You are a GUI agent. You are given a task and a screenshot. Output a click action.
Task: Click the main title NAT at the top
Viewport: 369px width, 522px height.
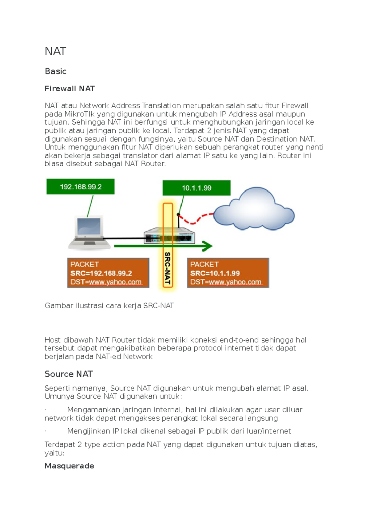tap(55, 51)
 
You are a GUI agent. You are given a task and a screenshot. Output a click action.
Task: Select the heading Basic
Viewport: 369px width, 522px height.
tap(55, 71)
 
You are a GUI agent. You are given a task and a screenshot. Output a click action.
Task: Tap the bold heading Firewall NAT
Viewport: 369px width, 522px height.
tap(69, 89)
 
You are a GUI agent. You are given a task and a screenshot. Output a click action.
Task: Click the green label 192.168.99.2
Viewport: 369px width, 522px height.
tap(81, 187)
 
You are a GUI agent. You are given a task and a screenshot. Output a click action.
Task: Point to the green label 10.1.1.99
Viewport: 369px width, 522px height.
tap(196, 188)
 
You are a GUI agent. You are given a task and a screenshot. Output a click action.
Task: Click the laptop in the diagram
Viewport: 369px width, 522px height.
tap(89, 233)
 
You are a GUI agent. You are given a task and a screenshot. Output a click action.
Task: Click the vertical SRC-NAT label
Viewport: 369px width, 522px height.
tap(168, 268)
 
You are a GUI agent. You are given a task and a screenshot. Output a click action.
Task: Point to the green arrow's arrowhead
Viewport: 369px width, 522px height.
tap(208, 246)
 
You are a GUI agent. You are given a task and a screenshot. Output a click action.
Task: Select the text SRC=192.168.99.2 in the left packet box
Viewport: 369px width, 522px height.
tap(101, 273)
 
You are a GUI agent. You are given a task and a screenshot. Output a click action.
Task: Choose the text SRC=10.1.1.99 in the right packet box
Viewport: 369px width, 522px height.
tap(215, 273)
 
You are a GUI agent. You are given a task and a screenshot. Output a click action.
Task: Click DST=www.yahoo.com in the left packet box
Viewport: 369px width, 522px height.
tap(106, 282)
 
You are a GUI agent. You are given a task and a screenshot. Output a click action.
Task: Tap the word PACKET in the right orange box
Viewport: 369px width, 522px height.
tap(204, 264)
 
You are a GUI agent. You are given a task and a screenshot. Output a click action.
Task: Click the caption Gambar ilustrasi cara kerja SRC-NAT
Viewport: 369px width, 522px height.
tap(109, 306)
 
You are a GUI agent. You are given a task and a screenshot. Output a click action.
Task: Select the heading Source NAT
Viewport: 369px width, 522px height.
tap(69, 374)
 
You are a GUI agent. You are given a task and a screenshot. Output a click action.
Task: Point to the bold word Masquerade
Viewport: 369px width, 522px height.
tap(69, 466)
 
